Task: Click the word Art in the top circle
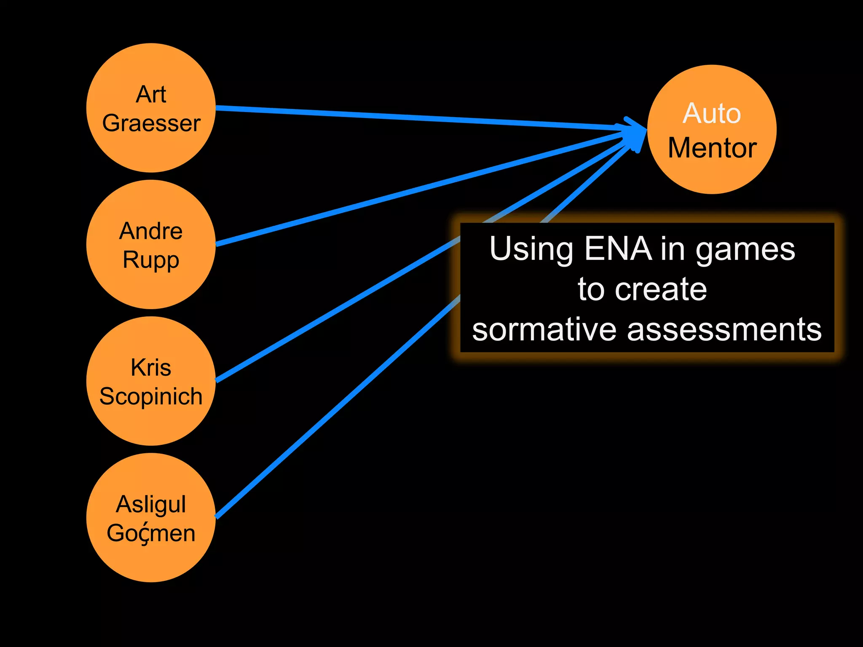(151, 94)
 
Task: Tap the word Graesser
(151, 123)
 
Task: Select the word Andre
(151, 231)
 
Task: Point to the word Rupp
(151, 260)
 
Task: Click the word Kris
(151, 367)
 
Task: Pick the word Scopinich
(151, 396)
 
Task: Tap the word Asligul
(151, 504)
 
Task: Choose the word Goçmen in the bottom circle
(151, 533)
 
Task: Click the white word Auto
(712, 113)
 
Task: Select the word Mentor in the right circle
(712, 148)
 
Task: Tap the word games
(745, 250)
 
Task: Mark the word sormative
(544, 329)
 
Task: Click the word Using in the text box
(531, 250)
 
